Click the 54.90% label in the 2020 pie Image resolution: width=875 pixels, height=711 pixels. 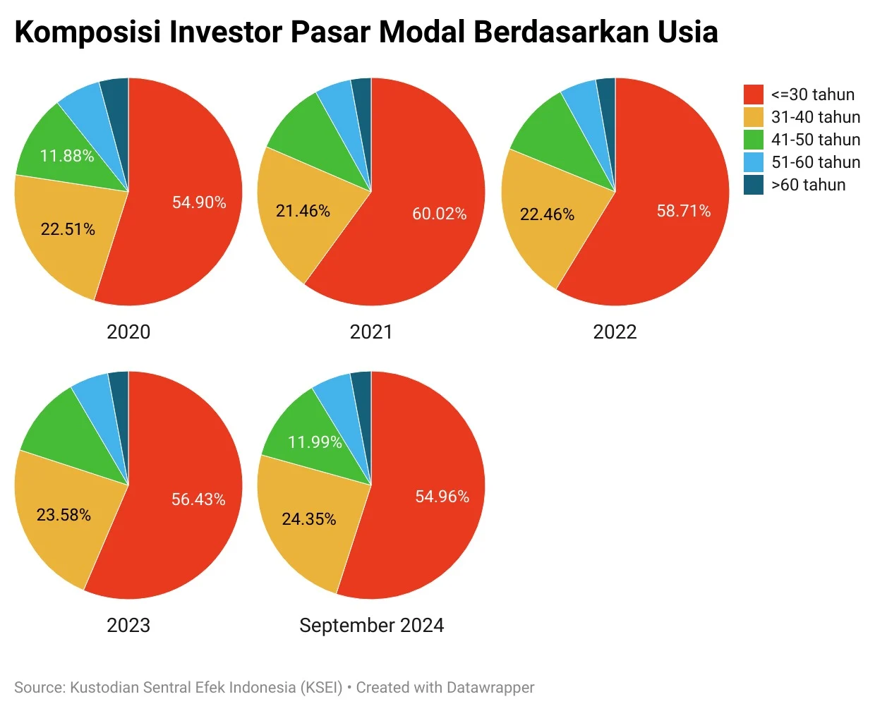pyautogui.click(x=199, y=202)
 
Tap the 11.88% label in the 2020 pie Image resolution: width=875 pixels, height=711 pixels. pyautogui.click(x=67, y=156)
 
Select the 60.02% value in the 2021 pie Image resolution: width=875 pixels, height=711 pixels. pyautogui.click(x=439, y=214)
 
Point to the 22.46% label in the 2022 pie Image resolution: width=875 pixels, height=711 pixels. pyautogui.click(x=547, y=214)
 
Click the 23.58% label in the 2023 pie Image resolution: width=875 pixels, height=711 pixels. pyautogui.click(x=64, y=515)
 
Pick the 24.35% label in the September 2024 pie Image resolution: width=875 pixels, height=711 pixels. pyautogui.click(x=308, y=519)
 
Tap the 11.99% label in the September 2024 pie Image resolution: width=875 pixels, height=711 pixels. pyautogui.click(x=315, y=442)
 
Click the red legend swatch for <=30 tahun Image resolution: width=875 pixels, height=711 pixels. pyautogui.click(x=754, y=95)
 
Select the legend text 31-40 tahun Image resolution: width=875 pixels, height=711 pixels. pyautogui.click(x=816, y=117)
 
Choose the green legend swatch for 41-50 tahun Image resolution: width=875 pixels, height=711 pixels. pyautogui.click(x=754, y=140)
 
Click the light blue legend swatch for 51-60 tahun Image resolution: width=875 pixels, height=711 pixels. pyautogui.click(x=754, y=162)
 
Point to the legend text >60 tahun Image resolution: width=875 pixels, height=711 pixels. pyautogui.click(x=808, y=185)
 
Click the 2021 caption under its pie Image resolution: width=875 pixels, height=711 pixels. pyautogui.click(x=370, y=332)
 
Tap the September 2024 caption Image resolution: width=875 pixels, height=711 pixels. pyautogui.click(x=371, y=625)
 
